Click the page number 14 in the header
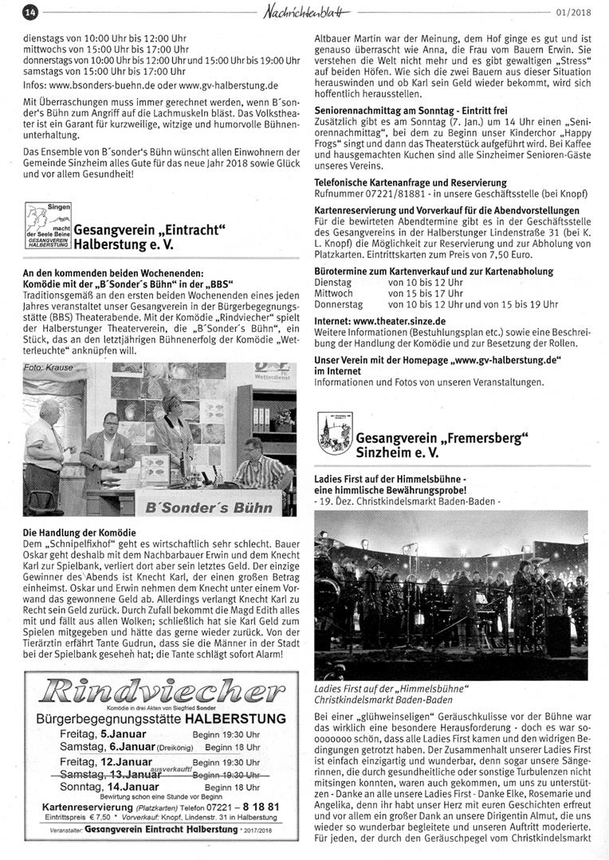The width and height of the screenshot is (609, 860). point(31,12)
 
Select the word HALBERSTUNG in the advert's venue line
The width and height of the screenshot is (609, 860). point(234,718)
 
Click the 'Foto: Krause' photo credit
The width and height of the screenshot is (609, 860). point(49,368)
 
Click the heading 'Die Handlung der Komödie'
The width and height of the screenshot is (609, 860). point(79,532)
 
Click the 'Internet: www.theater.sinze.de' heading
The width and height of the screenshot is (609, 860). point(379,321)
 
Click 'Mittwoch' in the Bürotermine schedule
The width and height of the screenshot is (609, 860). point(333,293)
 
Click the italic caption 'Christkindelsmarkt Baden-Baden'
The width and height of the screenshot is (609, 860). point(383,700)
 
